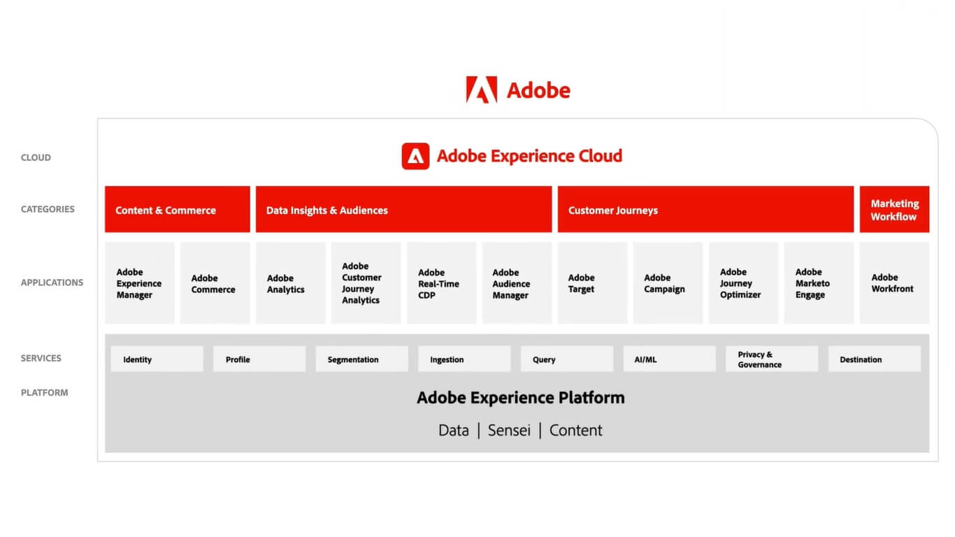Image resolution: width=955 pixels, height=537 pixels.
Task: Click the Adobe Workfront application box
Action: (894, 282)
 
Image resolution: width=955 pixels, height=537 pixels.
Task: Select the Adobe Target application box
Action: (592, 282)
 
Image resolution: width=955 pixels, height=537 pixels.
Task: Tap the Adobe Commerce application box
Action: (215, 282)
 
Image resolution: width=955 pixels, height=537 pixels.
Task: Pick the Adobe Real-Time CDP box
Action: (441, 282)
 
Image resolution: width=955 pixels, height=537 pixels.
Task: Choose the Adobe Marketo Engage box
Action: (819, 282)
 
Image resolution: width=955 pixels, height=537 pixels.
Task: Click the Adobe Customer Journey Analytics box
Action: (366, 282)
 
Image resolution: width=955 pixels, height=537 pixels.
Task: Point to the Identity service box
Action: (157, 359)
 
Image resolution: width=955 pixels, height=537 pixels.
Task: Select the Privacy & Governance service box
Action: (772, 359)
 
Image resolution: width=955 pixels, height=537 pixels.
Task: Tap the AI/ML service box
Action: (669, 359)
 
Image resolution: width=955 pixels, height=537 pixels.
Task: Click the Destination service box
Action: (875, 359)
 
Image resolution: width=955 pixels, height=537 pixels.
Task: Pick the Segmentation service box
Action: (362, 359)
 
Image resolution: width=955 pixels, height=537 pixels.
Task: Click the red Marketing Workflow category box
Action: (894, 210)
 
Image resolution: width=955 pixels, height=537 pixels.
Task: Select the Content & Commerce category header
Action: (178, 210)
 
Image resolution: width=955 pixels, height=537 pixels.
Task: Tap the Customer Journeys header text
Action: (612, 210)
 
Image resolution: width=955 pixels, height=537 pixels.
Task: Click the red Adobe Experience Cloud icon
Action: (415, 156)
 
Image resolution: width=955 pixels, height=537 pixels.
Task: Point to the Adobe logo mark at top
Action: (481, 89)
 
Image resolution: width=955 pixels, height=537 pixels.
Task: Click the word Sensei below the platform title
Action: (509, 430)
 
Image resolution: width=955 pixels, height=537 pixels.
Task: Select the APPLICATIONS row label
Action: (52, 282)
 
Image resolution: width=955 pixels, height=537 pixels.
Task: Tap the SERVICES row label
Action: (41, 358)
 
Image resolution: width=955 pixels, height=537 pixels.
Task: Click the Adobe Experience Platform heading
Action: (521, 398)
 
